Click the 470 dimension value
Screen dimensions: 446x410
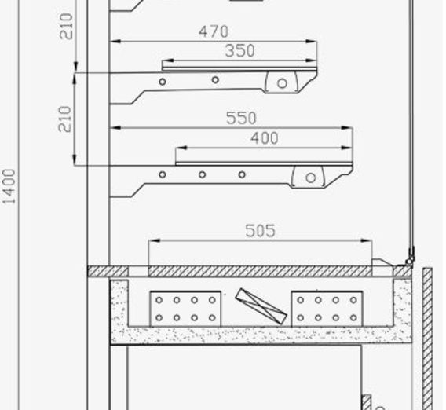point(214,31)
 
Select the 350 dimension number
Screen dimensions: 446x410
point(239,51)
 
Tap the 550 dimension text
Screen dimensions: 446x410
point(241,118)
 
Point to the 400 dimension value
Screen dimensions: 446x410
point(265,138)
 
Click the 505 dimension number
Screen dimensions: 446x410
point(260,231)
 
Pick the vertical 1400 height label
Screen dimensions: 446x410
point(9,187)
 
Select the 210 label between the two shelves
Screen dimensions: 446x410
point(64,119)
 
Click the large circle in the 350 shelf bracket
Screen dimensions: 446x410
point(282,83)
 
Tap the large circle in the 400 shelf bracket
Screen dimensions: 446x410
point(311,178)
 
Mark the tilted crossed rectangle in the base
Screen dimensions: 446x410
point(261,306)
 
